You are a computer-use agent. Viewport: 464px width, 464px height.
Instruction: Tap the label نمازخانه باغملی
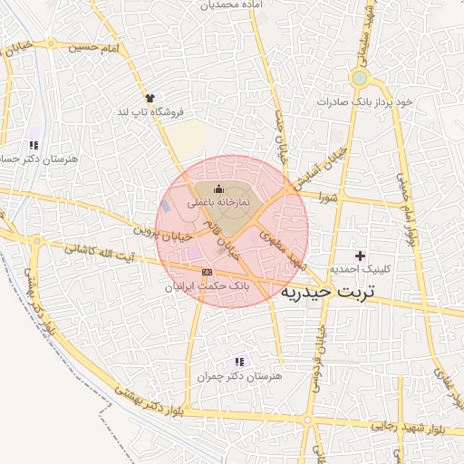[217, 204]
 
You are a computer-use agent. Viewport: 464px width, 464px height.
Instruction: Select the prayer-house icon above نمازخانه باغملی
[217, 188]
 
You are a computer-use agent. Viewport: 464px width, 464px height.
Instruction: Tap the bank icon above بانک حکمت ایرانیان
[207, 271]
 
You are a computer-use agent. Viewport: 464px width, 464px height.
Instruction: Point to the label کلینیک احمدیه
[361, 270]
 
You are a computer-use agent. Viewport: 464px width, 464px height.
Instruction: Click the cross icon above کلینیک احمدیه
[361, 256]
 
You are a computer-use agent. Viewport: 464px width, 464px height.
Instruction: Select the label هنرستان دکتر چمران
[239, 375]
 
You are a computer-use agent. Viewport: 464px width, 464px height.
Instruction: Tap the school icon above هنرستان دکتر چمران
[239, 361]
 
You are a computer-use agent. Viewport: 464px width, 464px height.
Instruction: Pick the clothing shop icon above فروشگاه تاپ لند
[150, 97]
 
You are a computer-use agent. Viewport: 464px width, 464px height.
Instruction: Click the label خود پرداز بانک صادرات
[364, 101]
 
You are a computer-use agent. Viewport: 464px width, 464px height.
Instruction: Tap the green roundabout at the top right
[360, 77]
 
